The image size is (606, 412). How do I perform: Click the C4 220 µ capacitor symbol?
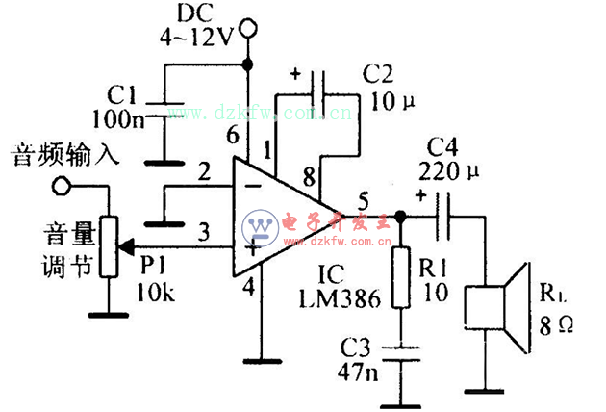tap(441, 217)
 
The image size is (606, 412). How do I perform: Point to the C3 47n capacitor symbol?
tap(402, 349)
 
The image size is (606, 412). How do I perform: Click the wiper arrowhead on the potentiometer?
tap(125, 247)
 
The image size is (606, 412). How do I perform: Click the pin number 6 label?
tap(232, 139)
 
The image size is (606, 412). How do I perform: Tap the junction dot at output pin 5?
tap(402, 217)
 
